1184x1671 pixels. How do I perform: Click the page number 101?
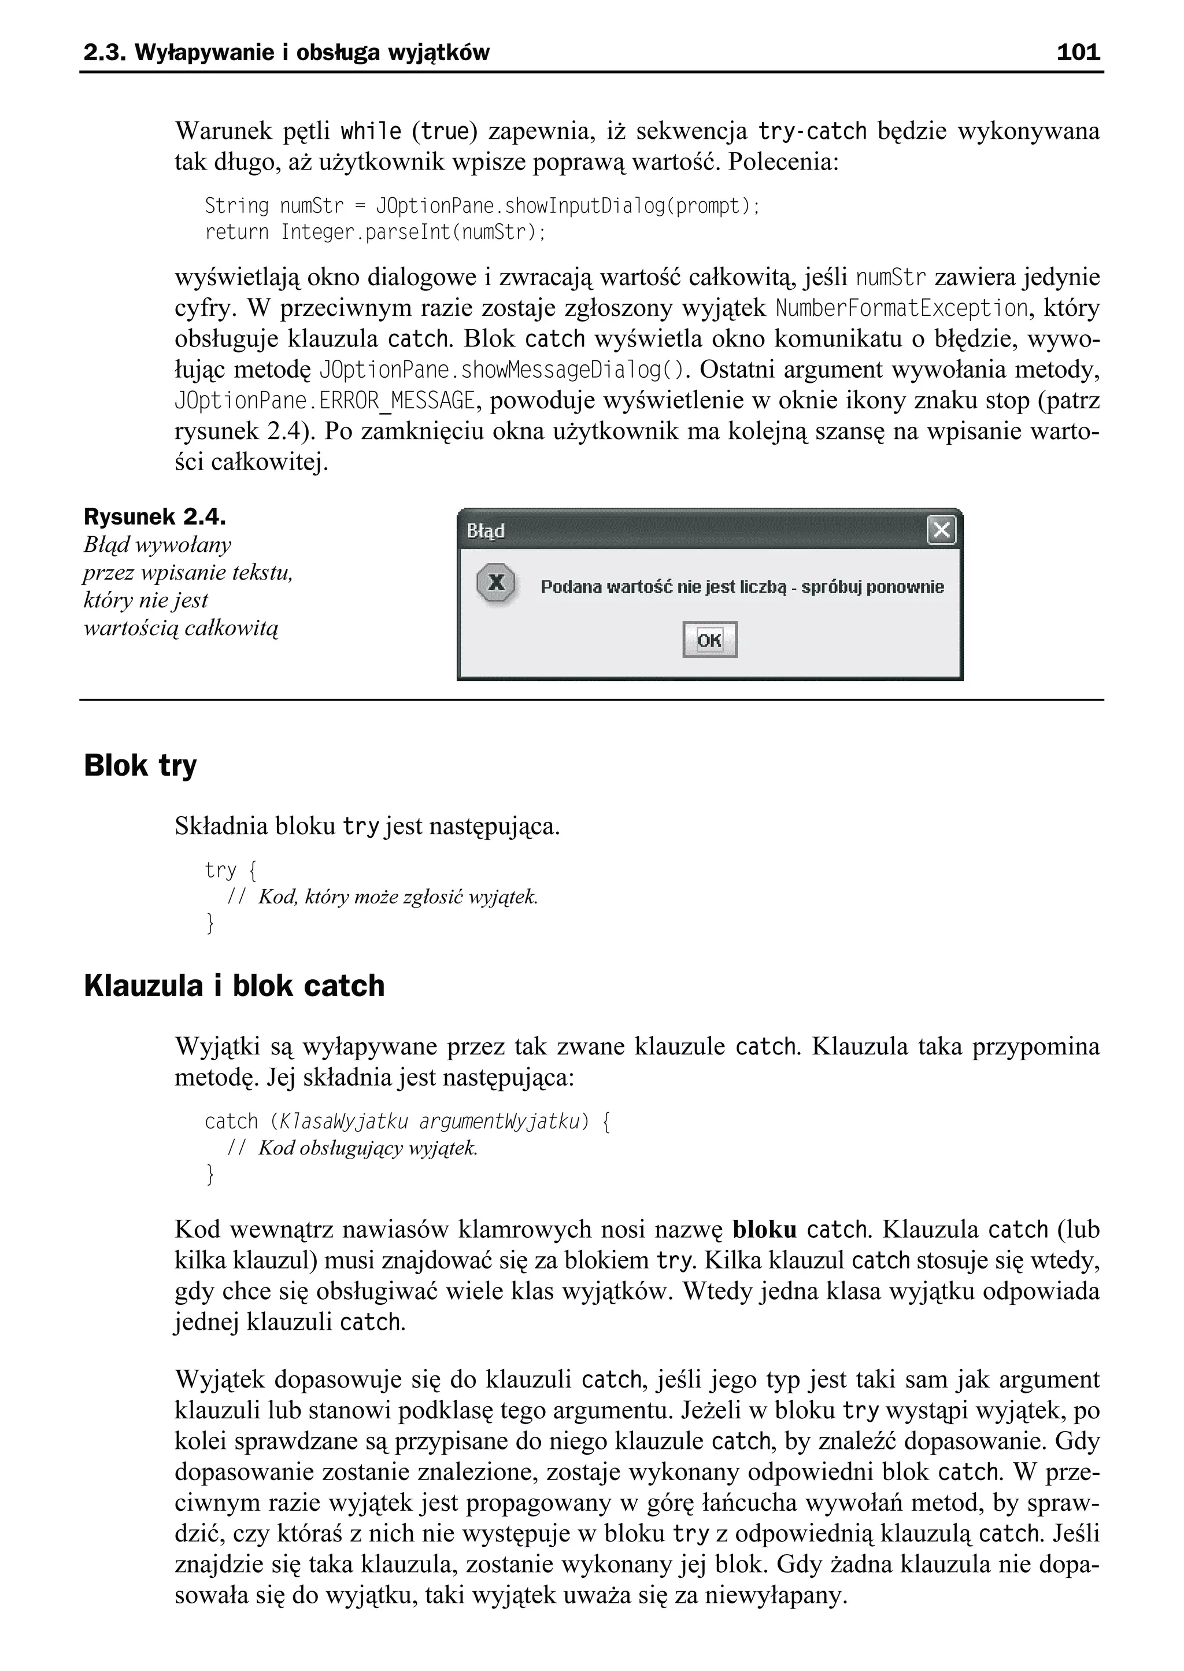pos(1078,53)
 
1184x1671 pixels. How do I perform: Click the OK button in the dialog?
pos(709,640)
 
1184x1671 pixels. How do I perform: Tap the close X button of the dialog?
pos(941,530)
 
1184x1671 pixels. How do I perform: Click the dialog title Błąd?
pos(486,531)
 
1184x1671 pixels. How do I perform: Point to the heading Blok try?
pos(140,766)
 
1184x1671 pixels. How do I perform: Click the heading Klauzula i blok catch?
pos(234,986)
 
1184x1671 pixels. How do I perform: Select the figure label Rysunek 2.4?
pos(154,517)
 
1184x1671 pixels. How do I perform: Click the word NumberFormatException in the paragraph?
pos(901,308)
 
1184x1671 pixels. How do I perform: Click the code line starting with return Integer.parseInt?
pos(375,233)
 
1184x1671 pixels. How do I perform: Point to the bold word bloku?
pos(764,1230)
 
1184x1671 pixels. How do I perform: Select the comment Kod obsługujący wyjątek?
pos(368,1148)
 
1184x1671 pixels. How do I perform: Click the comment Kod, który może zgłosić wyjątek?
pos(397,897)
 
